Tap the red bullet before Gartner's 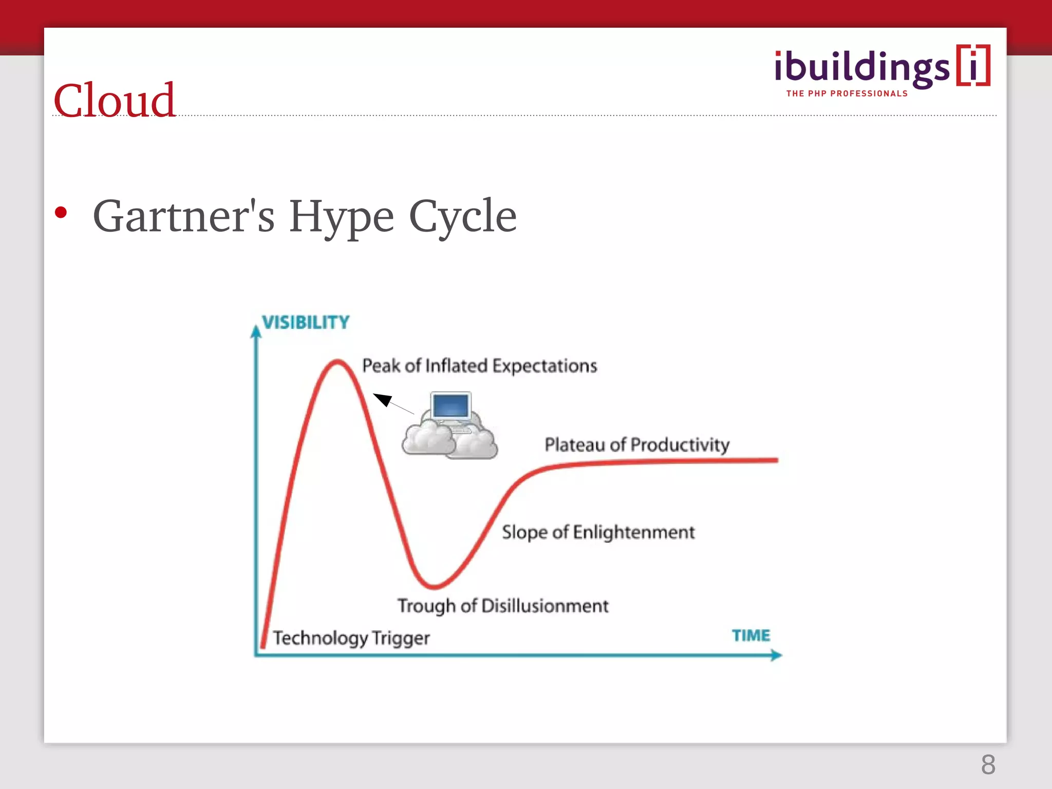61,213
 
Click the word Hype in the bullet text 341,217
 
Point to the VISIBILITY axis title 306,323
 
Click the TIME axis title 750,635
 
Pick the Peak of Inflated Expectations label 479,366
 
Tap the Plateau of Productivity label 636,444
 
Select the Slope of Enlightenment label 598,532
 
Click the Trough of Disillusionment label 502,606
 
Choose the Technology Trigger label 351,638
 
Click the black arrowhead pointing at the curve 382,399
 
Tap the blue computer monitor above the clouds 450,406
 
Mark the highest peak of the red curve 337,362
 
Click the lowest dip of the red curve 434,586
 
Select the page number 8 988,765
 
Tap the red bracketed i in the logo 973,66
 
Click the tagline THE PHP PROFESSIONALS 847,93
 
